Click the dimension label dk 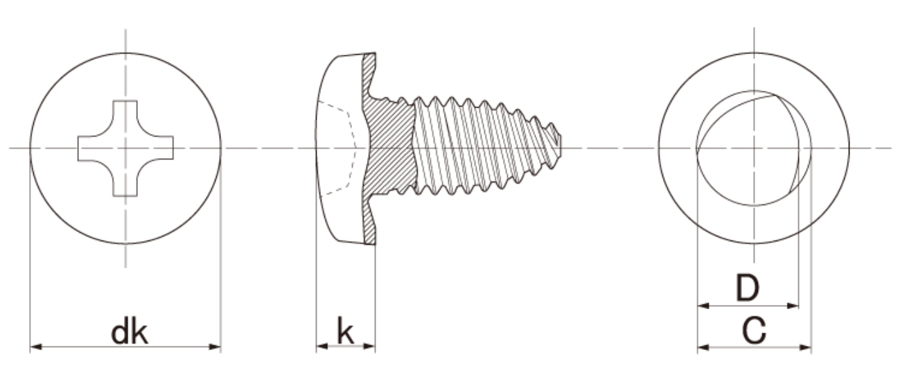coord(129,331)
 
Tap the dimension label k coord(345,331)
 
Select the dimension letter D coord(748,288)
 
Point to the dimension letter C coord(754,331)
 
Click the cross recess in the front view coord(125,148)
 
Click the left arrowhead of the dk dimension coord(36,347)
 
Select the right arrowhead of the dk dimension coord(215,347)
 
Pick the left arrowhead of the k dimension coord(322,346)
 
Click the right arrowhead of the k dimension coord(369,346)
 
